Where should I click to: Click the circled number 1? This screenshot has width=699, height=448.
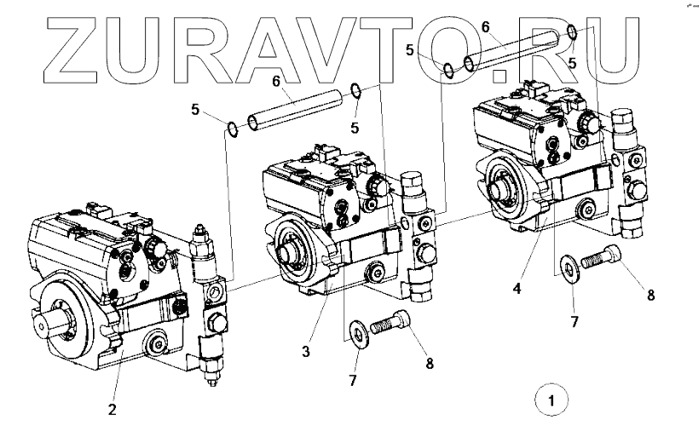pos(552,399)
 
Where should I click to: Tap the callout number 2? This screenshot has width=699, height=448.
pos(112,408)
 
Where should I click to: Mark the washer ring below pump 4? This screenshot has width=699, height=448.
pos(568,267)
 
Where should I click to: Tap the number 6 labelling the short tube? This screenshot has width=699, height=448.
pos(276,81)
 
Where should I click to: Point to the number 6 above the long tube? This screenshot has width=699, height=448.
pos(485,28)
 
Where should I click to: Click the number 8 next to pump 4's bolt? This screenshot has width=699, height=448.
pos(650,296)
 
